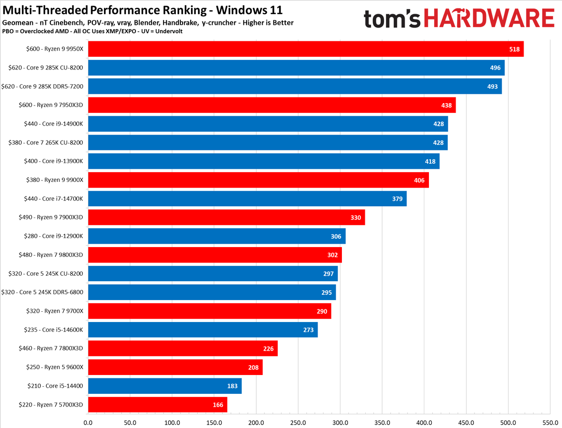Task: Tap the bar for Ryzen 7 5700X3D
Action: (x=157, y=405)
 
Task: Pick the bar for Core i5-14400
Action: (x=164, y=386)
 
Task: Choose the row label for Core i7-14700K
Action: (x=53, y=199)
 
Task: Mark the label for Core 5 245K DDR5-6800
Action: (x=43, y=292)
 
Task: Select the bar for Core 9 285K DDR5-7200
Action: (x=295, y=86)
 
